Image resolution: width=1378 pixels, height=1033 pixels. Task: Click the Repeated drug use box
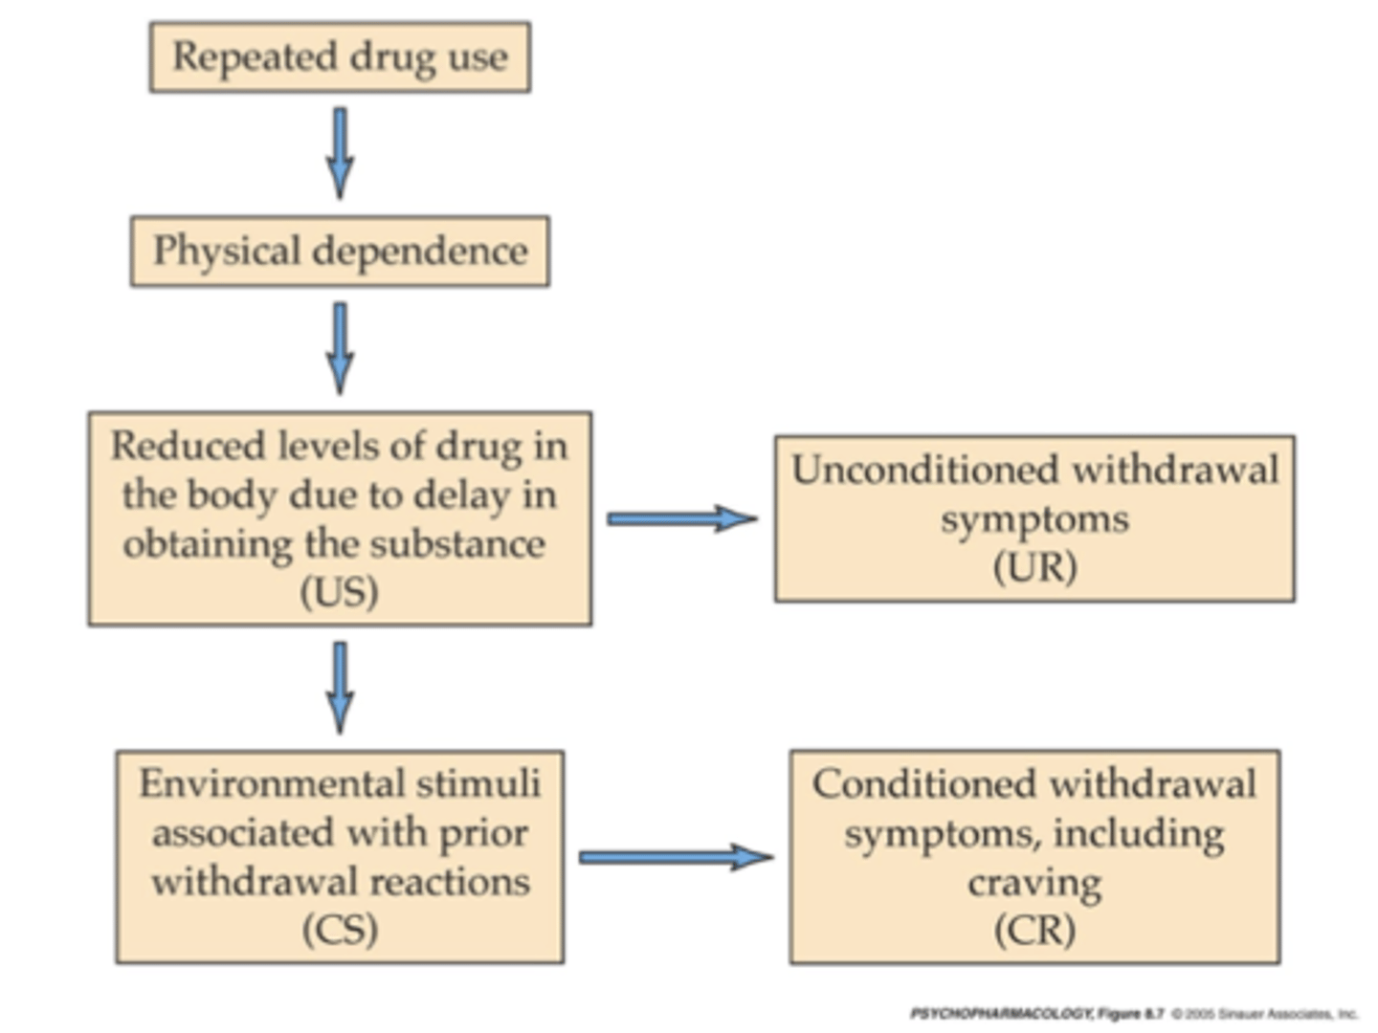(340, 57)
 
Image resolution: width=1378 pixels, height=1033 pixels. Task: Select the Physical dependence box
(340, 252)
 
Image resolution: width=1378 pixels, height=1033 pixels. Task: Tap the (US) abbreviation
(340, 592)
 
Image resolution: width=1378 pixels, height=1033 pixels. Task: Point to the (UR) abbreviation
(1034, 567)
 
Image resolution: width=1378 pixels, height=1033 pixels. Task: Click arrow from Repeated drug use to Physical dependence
(340, 153)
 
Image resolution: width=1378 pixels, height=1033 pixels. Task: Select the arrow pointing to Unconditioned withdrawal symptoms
(681, 518)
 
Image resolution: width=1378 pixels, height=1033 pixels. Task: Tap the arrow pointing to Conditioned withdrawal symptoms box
(676, 856)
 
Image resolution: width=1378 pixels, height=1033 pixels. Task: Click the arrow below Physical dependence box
(340, 347)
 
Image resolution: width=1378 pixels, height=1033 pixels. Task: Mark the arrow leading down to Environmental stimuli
(340, 687)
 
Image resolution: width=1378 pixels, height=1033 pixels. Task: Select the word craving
(1034, 883)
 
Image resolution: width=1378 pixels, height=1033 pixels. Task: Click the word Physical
(227, 252)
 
